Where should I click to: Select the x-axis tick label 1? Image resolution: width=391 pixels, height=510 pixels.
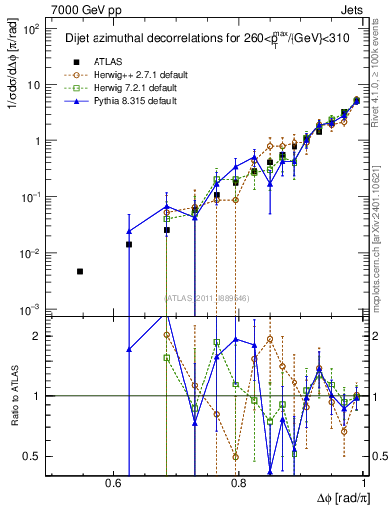click(x=365, y=484)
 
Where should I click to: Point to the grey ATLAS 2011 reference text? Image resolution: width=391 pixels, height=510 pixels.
click(x=206, y=297)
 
